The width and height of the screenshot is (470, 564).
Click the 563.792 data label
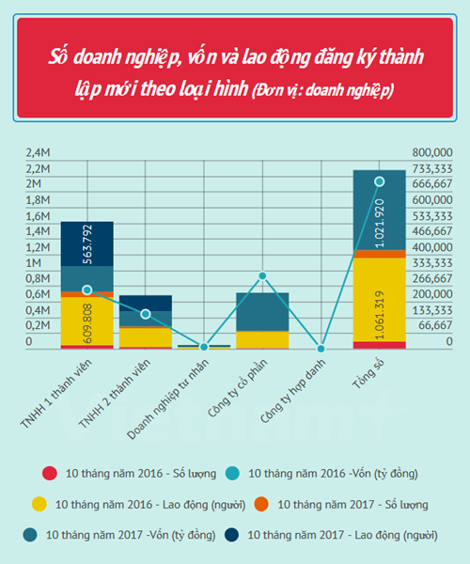(87, 244)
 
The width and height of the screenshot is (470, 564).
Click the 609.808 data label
(87, 323)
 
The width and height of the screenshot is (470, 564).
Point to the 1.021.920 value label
(380, 224)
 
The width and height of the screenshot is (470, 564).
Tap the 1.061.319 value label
(380, 315)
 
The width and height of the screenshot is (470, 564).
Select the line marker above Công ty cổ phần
(262, 275)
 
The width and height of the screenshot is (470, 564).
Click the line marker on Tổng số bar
(380, 181)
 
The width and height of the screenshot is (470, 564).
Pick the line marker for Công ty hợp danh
(321, 349)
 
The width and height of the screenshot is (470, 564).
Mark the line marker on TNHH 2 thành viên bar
(146, 314)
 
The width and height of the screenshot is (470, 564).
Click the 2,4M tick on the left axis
(38, 152)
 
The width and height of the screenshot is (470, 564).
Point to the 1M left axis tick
(34, 263)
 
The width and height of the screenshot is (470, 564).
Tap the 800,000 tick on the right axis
(432, 152)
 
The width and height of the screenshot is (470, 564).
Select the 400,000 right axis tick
(432, 247)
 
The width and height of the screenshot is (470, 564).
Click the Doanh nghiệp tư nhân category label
(168, 399)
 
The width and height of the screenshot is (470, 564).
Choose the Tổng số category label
(368, 374)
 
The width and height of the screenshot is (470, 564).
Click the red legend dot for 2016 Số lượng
(50, 474)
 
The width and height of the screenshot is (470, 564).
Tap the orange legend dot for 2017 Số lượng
(261, 504)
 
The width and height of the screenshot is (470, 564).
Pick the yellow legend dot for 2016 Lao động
(39, 504)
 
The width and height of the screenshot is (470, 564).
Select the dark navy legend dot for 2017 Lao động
(231, 535)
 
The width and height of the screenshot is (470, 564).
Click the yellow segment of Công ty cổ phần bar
(262, 339)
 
